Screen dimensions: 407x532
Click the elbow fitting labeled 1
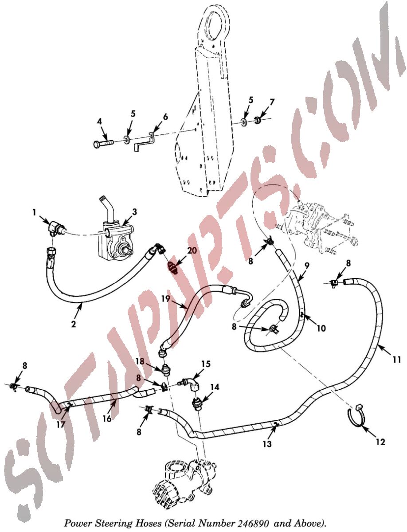pos(55,227)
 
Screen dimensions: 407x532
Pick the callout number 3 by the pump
pos(134,212)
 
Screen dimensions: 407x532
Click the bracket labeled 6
pos(144,141)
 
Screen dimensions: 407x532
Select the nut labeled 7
pos(258,119)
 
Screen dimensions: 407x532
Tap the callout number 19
pos(165,299)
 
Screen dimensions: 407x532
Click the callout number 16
pos(107,419)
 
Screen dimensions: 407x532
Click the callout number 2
pos(73,324)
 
